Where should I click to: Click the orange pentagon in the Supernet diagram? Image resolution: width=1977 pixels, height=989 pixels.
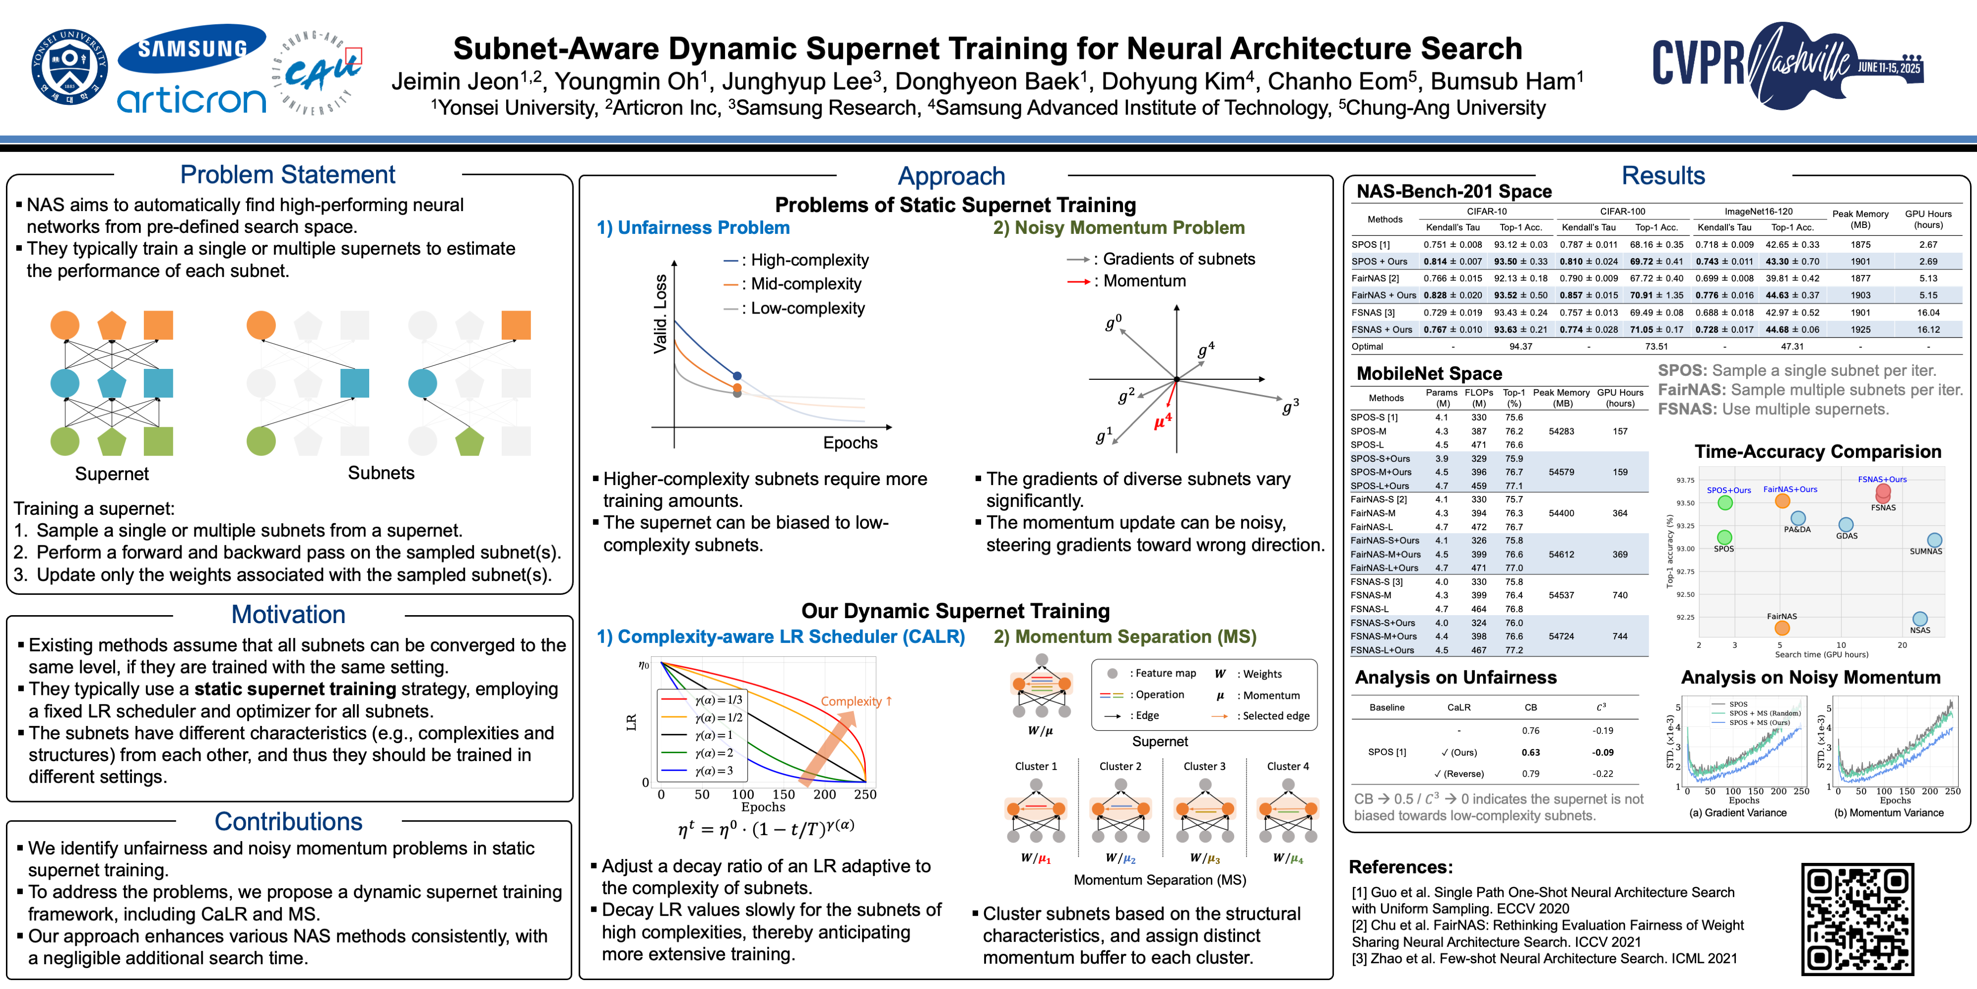point(112,325)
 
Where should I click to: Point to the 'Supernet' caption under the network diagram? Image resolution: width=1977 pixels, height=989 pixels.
point(112,474)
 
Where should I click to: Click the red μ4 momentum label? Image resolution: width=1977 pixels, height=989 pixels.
point(1162,421)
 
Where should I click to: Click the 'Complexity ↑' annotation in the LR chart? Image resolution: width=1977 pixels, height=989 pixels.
point(856,701)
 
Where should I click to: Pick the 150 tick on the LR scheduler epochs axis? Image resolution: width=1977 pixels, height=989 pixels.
point(783,794)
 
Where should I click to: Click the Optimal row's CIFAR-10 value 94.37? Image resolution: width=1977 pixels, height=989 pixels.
point(1520,346)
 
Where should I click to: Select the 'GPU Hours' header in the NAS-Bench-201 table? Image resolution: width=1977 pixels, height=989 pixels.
point(1928,219)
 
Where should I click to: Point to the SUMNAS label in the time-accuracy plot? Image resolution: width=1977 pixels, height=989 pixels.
point(1926,551)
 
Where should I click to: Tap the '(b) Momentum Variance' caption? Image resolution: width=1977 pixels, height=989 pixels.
point(1889,812)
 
